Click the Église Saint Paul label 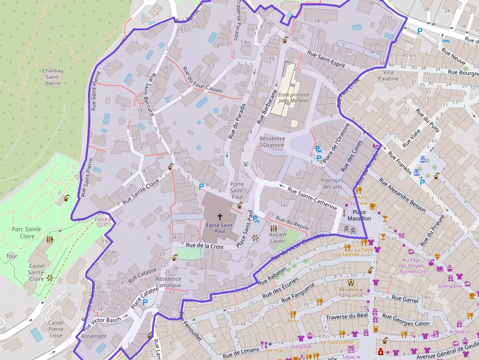(219, 228)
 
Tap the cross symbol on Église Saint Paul (219, 216)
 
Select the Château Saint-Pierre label (53, 77)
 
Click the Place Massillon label (359, 215)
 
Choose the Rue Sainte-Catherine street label (312, 199)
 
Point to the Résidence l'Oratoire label (272, 142)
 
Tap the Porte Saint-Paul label (237, 191)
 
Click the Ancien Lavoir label (278, 238)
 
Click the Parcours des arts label (332, 184)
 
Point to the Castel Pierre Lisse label (56, 329)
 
